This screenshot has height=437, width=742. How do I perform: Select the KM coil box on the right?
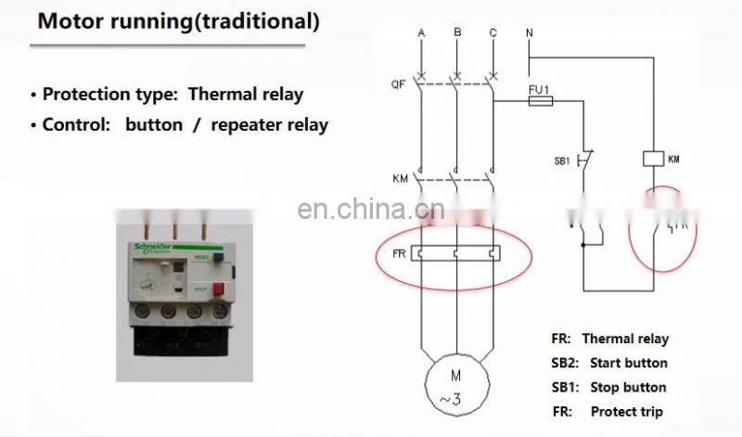click(653, 159)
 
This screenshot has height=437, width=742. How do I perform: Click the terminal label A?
click(421, 33)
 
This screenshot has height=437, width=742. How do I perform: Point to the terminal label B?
click(457, 32)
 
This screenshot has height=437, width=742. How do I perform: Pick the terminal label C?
click(493, 33)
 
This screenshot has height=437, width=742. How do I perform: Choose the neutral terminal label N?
click(529, 33)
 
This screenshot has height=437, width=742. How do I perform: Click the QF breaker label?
click(397, 84)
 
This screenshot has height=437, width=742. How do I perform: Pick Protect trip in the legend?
click(624, 412)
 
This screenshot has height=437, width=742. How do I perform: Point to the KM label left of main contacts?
click(399, 175)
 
